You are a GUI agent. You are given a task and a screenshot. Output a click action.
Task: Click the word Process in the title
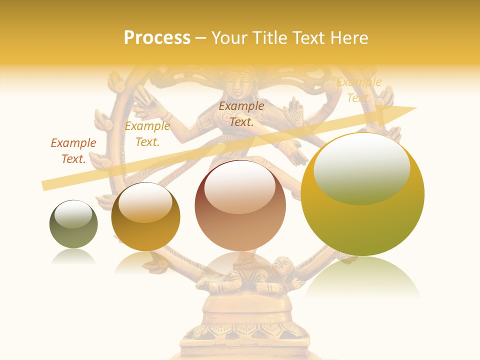coord(157,37)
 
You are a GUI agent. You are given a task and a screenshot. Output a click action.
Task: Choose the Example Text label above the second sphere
coord(147,134)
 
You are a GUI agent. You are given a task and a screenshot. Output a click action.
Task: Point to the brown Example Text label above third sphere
coord(241,113)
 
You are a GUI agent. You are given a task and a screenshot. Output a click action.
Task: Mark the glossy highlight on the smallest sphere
coord(73,214)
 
